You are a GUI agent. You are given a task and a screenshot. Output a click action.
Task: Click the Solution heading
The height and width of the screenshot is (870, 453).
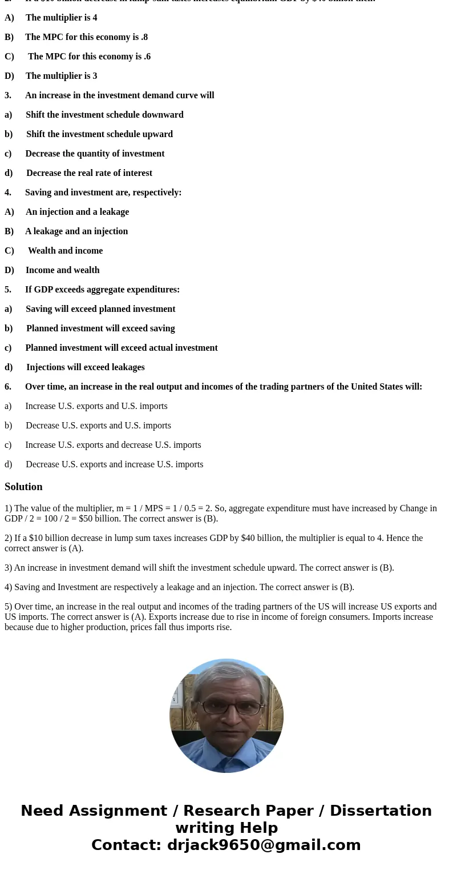(x=23, y=487)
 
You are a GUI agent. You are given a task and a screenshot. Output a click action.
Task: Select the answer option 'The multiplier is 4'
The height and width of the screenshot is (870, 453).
(x=61, y=18)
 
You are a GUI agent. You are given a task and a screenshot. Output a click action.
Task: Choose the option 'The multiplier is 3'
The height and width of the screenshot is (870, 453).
(x=61, y=76)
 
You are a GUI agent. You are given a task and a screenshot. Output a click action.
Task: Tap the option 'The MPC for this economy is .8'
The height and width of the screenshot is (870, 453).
(x=86, y=37)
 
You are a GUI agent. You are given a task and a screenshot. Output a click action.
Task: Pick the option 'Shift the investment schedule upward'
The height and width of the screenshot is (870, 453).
(x=99, y=134)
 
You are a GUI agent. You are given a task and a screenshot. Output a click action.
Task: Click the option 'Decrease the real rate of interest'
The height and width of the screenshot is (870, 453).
(x=89, y=173)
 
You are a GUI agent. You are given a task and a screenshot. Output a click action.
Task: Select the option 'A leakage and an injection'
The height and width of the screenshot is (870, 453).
(x=76, y=231)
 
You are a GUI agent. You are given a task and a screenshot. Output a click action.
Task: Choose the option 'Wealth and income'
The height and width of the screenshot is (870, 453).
(x=65, y=251)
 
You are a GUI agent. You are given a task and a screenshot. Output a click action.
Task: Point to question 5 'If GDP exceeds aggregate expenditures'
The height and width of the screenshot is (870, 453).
(x=102, y=290)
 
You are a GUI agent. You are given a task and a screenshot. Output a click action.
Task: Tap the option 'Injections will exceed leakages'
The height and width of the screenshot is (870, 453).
(x=85, y=367)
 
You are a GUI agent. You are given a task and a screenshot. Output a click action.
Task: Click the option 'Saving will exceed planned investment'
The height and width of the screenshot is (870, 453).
(x=100, y=309)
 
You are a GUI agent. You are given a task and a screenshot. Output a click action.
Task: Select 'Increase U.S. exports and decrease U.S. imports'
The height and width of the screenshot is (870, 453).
(x=113, y=445)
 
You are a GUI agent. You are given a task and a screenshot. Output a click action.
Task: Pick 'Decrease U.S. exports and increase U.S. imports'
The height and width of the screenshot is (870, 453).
(x=114, y=464)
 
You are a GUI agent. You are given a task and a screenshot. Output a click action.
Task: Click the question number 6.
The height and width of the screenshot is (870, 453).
(x=8, y=387)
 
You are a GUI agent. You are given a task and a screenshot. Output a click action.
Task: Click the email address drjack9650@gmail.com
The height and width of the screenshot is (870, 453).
(x=264, y=845)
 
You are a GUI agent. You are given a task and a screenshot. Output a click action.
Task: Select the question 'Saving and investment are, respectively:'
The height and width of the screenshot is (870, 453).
(x=103, y=193)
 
